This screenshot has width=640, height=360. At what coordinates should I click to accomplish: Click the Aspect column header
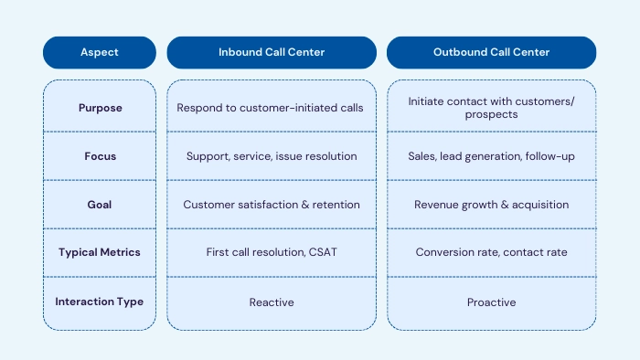pos(99,52)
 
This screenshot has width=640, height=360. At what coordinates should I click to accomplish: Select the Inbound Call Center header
pos(272,52)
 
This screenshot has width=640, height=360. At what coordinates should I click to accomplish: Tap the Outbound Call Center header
pos(491,52)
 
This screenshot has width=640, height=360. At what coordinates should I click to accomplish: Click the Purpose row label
pos(99,108)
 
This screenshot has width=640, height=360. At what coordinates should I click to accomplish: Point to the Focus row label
pos(99,156)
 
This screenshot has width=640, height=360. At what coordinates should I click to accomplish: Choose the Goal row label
pos(99,205)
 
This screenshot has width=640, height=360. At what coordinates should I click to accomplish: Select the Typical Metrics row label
pos(99,252)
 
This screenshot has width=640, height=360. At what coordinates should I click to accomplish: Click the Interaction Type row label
pos(99,302)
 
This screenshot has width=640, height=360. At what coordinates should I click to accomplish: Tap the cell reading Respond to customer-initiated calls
pos(272,108)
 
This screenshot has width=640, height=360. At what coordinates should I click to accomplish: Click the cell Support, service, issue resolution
pos(272,156)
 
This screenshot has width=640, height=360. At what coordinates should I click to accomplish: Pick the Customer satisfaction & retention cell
pos(272,205)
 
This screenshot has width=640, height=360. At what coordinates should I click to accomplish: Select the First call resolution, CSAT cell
pos(272,252)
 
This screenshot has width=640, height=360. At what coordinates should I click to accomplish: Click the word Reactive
pos(272,302)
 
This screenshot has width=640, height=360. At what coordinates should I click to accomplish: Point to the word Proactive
pos(491,302)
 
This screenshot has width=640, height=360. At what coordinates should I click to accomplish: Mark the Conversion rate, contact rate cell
pos(491,252)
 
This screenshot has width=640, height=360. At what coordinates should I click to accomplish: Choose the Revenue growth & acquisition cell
pos(491,205)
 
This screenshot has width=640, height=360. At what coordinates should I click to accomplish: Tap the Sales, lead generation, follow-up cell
pos(491,156)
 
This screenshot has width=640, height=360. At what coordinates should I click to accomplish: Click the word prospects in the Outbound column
pos(491,115)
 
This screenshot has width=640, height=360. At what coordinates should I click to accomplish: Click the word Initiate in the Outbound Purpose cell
pos(426,101)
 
